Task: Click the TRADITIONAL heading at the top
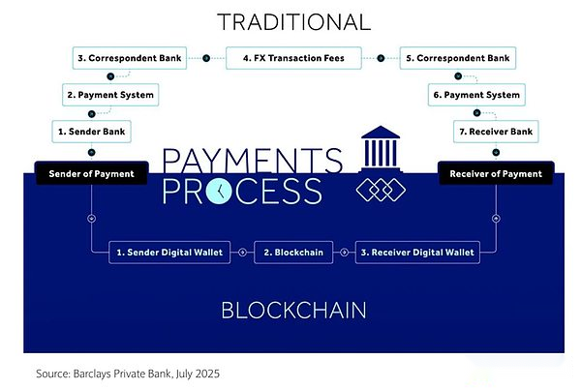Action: click(x=293, y=22)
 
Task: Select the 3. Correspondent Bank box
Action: click(x=130, y=58)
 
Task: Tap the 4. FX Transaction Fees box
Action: click(x=293, y=58)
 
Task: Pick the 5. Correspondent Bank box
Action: click(x=458, y=58)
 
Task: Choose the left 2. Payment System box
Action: click(x=110, y=95)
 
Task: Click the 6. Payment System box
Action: click(x=476, y=95)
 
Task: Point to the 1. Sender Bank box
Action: click(x=92, y=132)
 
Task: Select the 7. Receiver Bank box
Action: click(x=496, y=132)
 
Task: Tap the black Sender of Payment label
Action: click(x=92, y=173)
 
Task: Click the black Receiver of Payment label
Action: click(x=496, y=173)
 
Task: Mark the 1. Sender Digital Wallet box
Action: click(x=169, y=253)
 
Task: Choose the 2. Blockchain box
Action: click(x=293, y=253)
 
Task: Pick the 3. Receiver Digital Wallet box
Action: click(x=417, y=253)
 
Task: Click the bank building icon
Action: click(x=381, y=148)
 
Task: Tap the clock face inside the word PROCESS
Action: click(x=219, y=191)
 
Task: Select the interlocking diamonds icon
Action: click(x=381, y=191)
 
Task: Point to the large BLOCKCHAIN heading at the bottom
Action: click(x=293, y=311)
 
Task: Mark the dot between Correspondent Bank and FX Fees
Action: click(x=206, y=58)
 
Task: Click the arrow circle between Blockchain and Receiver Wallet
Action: click(x=344, y=253)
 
